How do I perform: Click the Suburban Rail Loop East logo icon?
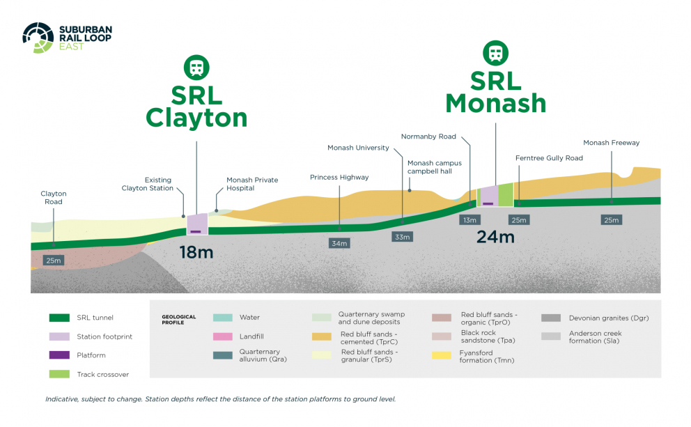coord(38,38)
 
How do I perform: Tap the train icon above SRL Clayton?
coord(196,68)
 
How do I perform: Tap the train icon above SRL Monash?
coord(496,52)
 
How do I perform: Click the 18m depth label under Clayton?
coord(196,252)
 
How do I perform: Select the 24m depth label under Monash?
coord(495,237)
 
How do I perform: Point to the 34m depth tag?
coord(339,243)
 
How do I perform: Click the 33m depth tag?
coord(403,237)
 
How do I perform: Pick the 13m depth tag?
coord(469,220)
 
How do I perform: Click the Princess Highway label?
coord(339,177)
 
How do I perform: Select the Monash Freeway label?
coord(611,143)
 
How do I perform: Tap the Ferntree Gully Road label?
coord(549,158)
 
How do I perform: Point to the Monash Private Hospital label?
coord(252,184)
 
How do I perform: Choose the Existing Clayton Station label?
coord(148,184)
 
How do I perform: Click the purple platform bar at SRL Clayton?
coord(196,231)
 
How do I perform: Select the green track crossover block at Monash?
coord(506,194)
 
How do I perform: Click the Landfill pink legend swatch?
coord(223,336)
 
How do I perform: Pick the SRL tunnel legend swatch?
coord(59,318)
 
